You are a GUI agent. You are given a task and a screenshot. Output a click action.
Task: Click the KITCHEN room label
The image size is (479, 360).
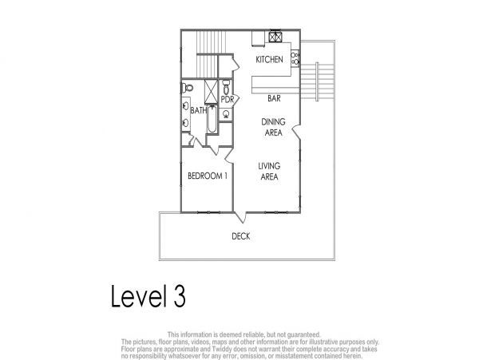(269, 60)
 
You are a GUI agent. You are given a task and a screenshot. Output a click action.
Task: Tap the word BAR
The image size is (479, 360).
(274, 98)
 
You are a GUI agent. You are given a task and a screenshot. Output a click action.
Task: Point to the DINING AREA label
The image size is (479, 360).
(273, 128)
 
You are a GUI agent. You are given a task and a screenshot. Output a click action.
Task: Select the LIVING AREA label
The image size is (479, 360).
(269, 172)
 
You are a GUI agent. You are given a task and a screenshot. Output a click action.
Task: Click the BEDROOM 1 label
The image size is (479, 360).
(208, 176)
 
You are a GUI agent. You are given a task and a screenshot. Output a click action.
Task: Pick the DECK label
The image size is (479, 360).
(241, 236)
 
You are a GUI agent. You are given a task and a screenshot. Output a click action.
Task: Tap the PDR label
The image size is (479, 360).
(227, 100)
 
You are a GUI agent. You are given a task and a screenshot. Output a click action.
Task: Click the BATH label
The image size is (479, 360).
(199, 110)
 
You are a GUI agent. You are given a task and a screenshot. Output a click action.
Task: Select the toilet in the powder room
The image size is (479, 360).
(226, 87)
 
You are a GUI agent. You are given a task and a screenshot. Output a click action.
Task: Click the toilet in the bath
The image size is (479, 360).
(188, 89)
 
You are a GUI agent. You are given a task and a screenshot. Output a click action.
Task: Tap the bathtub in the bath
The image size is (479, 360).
(212, 119)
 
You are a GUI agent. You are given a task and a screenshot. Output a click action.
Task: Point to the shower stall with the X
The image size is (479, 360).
(211, 91)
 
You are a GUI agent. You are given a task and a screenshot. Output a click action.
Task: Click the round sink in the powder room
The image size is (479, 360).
(226, 114)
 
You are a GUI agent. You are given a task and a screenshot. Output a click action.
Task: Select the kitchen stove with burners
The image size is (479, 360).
(295, 58)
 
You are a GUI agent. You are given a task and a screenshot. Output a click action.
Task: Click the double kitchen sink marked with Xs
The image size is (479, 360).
(275, 37)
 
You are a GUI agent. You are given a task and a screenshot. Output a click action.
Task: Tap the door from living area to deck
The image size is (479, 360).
(239, 217)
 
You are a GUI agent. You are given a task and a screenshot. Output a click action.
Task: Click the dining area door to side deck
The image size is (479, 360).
(296, 132)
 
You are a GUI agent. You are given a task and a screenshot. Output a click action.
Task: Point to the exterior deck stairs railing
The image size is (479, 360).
(317, 81)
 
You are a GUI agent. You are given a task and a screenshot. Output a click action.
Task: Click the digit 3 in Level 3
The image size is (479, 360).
(180, 296)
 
